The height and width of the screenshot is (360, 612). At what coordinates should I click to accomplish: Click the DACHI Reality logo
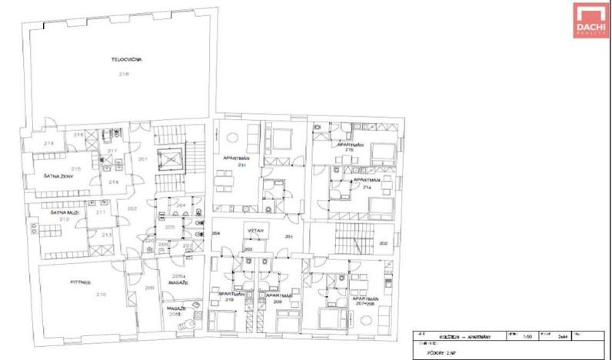pos(589,19)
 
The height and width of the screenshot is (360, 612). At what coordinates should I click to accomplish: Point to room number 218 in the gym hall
pos(124,74)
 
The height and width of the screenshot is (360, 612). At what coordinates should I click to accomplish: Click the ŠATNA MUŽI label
pos(53,212)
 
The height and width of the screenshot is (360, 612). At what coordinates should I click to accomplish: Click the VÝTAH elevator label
pos(256,230)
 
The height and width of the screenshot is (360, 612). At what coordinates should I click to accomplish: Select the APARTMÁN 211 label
pos(234,161)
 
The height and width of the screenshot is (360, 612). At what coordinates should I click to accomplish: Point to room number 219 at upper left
pos(48,144)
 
